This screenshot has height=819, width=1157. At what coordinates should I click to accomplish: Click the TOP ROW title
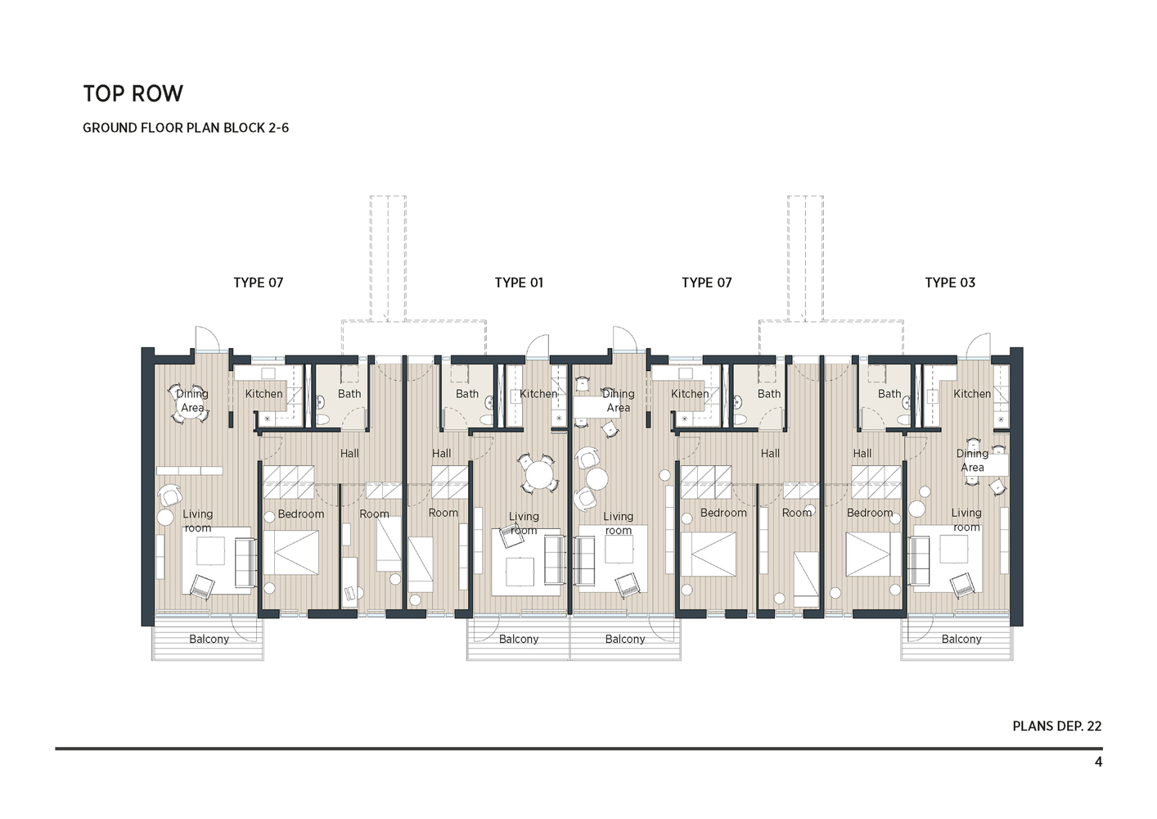tap(133, 93)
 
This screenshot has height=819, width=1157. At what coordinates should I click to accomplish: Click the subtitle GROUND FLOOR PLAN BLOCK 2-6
tap(186, 128)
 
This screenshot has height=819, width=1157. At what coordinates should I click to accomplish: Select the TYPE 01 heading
tap(519, 283)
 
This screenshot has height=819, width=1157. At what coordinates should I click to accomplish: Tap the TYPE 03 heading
tap(950, 283)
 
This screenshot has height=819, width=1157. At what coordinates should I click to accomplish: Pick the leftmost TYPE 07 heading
tap(258, 283)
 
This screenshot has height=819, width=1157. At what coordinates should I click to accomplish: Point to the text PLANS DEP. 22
tap(1056, 726)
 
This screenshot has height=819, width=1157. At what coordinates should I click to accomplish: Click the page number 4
tap(1098, 762)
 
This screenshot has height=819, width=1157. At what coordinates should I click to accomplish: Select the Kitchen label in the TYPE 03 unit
tap(971, 394)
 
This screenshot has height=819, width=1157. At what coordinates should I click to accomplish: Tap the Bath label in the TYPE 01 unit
tap(467, 394)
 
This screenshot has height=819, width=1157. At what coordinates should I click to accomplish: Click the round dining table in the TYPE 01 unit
tap(538, 474)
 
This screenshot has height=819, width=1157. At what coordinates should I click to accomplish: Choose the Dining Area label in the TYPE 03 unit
tap(972, 460)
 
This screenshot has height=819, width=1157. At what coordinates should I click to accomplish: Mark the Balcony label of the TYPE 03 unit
tap(961, 639)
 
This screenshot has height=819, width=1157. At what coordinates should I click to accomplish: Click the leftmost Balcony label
tap(209, 639)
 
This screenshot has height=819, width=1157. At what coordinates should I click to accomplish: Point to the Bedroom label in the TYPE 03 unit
tap(869, 513)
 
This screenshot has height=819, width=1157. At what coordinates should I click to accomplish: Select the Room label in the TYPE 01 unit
tap(443, 513)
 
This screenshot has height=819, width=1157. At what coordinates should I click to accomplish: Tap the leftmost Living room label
tap(197, 521)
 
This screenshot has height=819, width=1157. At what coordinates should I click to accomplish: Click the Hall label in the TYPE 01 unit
tap(441, 453)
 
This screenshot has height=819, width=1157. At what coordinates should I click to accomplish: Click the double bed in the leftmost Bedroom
tap(290, 553)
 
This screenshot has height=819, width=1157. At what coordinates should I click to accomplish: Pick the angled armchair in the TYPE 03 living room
tap(962, 584)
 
